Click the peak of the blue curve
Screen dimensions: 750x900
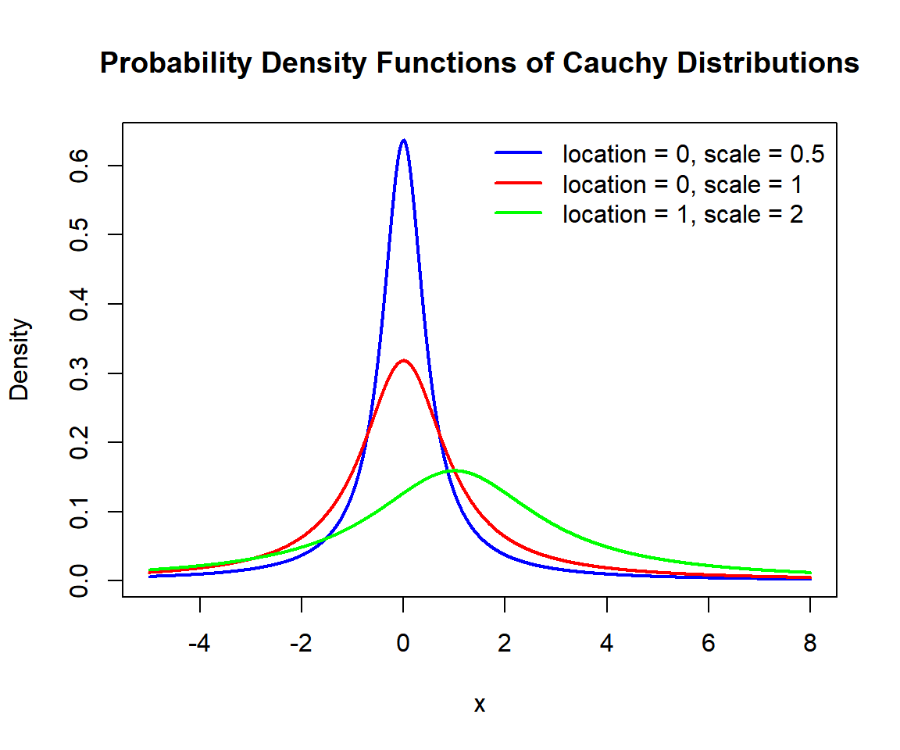403,141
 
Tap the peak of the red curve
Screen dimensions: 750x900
403,360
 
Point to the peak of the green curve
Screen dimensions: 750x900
455,470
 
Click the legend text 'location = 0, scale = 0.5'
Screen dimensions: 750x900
694,155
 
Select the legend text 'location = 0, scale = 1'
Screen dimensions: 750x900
683,184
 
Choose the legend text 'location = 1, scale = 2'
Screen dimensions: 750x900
683,214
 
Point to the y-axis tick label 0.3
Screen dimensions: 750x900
79,373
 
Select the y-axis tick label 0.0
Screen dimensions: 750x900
79,580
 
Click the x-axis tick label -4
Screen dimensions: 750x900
200,645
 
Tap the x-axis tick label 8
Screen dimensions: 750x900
810,645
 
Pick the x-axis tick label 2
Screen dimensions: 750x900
505,645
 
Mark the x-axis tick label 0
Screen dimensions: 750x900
403,645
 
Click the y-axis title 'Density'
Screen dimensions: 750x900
20,359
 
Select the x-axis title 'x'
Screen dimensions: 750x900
480,705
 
